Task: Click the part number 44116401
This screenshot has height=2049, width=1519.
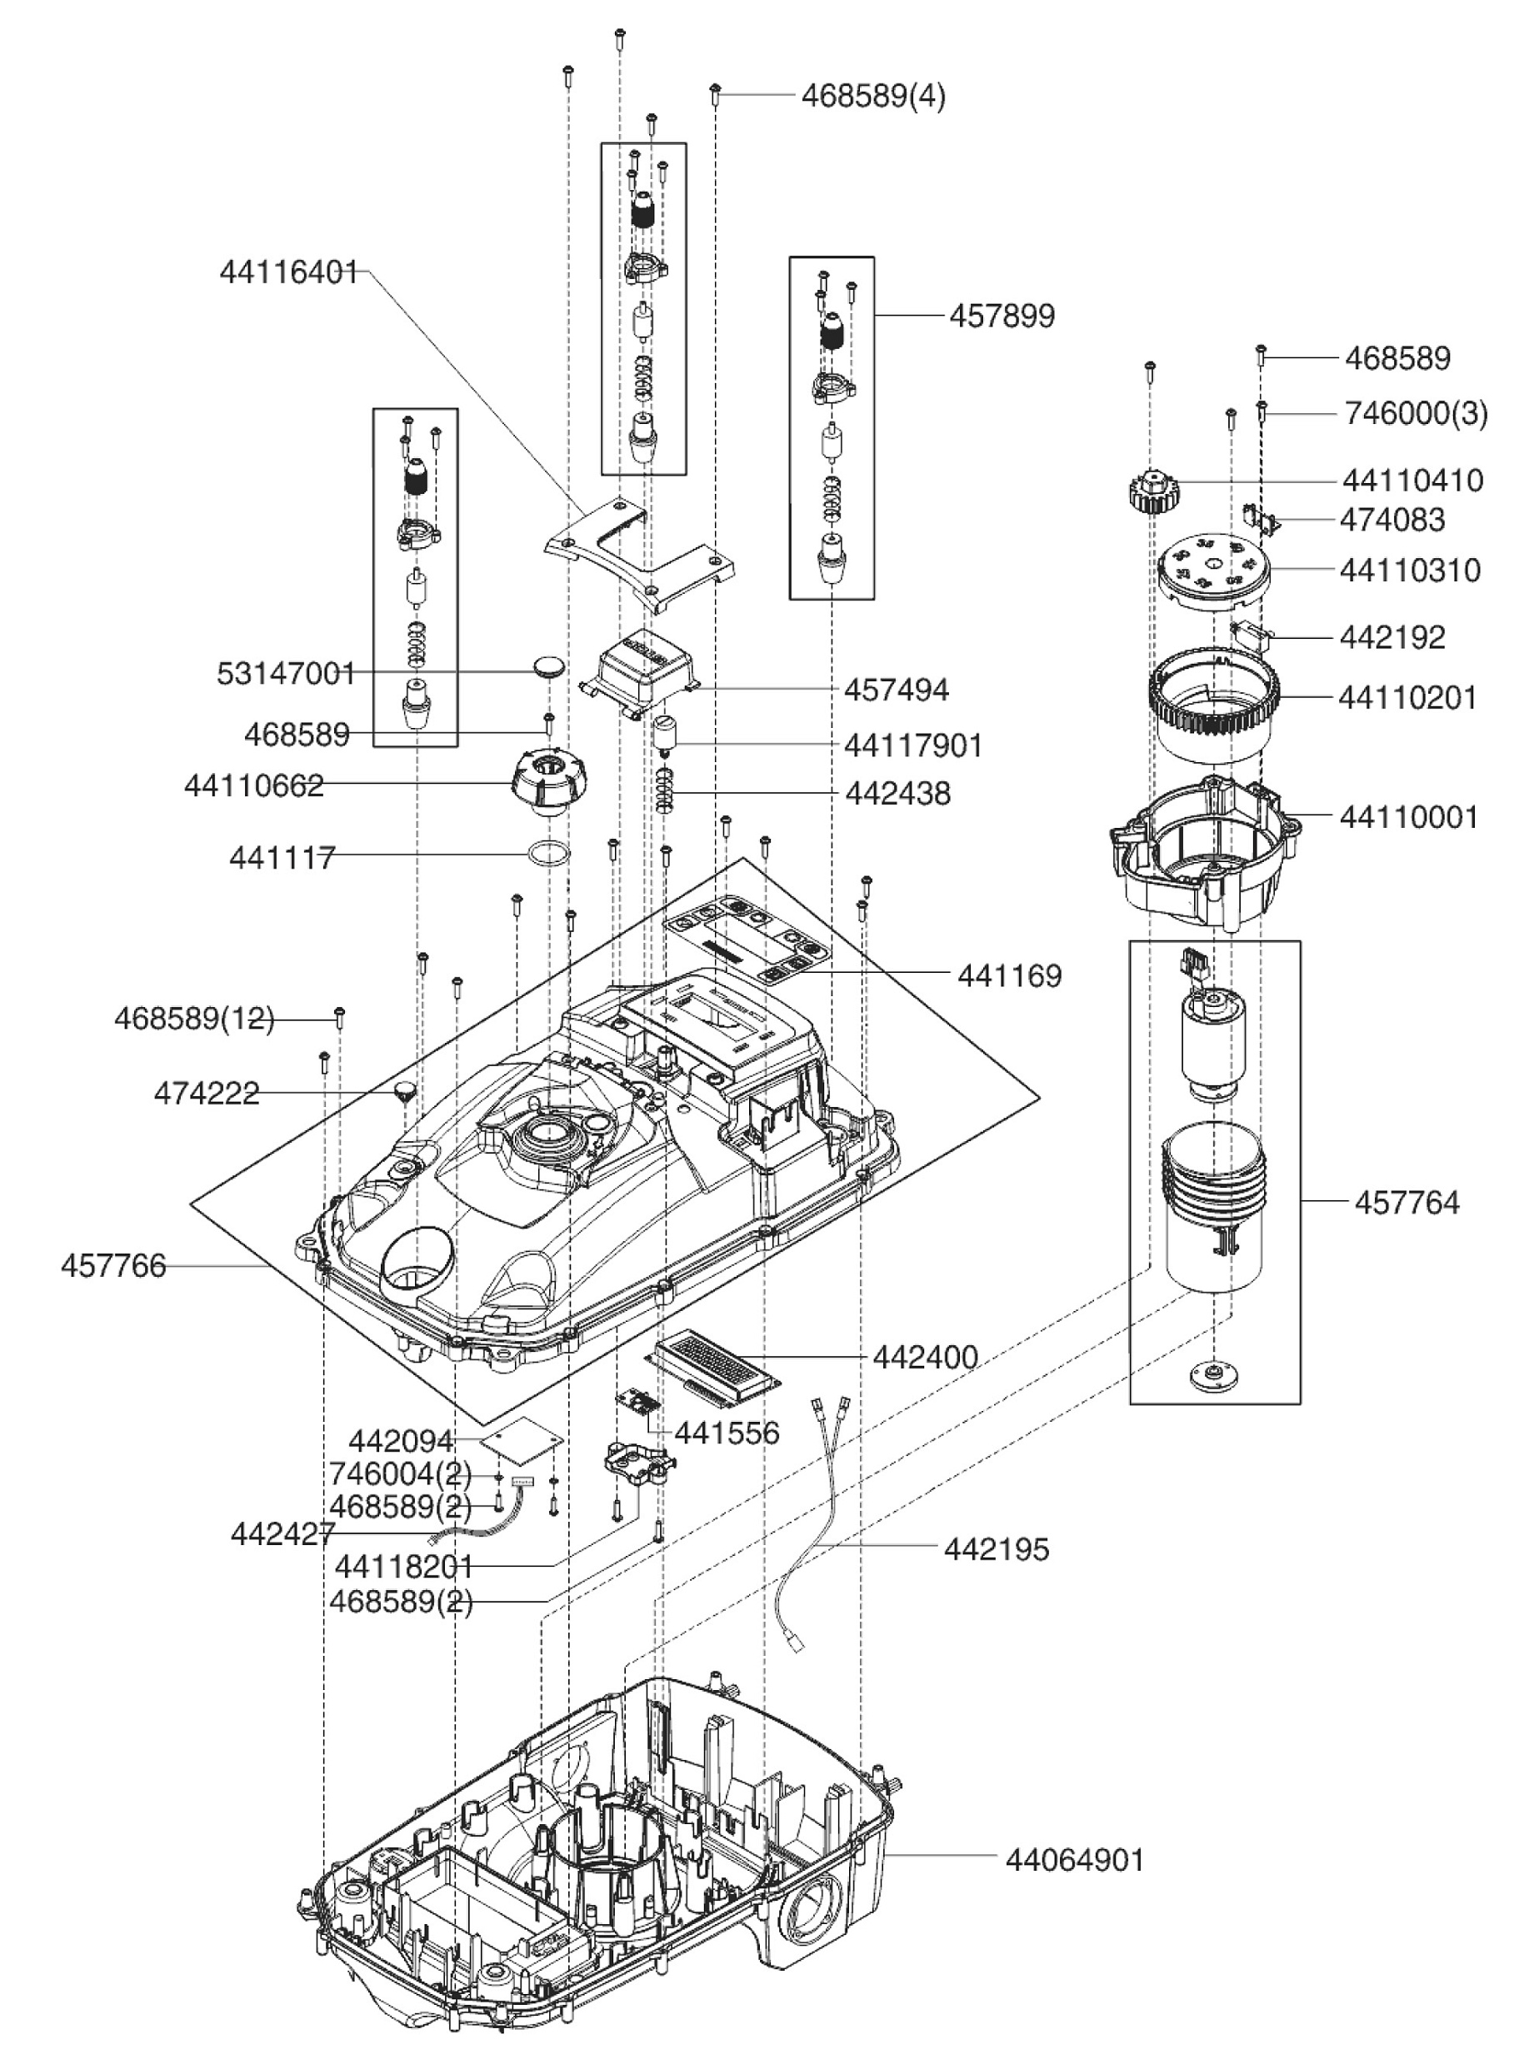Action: [x=287, y=273]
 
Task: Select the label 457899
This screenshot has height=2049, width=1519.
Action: [x=1002, y=317]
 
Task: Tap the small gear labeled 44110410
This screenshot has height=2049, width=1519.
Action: [x=1149, y=490]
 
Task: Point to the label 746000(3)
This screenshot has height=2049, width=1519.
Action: [x=1415, y=414]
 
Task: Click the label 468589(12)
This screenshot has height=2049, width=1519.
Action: [x=194, y=1019]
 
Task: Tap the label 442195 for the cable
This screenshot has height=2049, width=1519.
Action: [x=996, y=1549]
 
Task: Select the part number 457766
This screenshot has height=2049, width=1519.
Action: [x=113, y=1266]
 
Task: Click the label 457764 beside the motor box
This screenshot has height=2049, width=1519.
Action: [x=1406, y=1203]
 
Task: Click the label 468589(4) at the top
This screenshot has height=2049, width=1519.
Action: [x=872, y=96]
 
